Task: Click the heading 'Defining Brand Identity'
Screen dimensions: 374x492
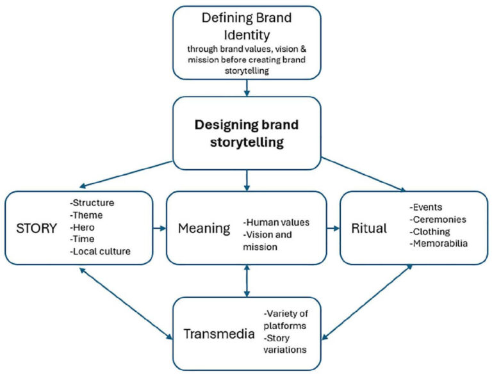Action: [247, 26]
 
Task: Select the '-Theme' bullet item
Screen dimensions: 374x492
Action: [86, 216]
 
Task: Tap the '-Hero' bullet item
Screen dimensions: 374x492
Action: [83, 227]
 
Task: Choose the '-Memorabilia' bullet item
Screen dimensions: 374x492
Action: [438, 244]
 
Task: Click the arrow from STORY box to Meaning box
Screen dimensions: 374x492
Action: [159, 227]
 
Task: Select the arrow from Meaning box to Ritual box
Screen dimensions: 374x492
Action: [332, 227]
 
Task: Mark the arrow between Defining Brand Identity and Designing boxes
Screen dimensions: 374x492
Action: [247, 88]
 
